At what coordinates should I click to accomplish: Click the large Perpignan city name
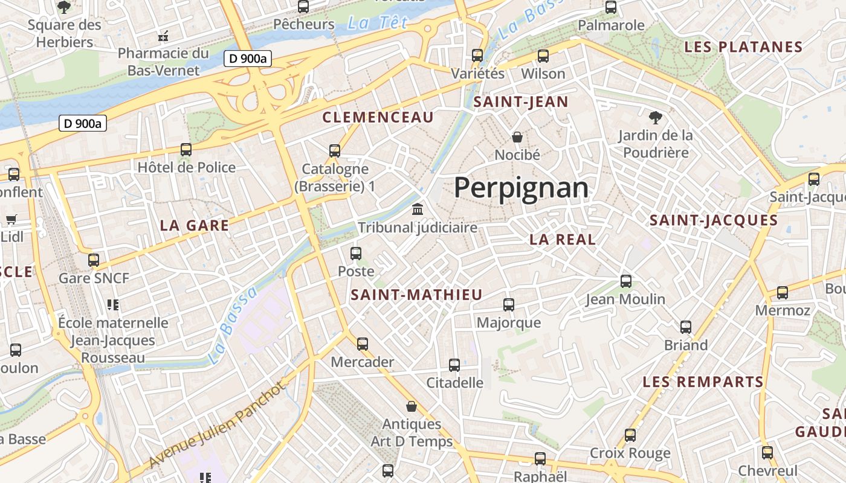(x=521, y=188)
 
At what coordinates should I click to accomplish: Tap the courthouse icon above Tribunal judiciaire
(x=417, y=210)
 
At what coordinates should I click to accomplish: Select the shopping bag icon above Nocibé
(x=517, y=137)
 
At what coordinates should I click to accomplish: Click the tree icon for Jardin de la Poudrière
(x=656, y=117)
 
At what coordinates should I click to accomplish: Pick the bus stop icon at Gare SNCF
(x=94, y=260)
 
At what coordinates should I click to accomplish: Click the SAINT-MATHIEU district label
(x=417, y=295)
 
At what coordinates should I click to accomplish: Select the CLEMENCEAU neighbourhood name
(x=378, y=117)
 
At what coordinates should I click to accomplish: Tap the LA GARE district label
(x=195, y=226)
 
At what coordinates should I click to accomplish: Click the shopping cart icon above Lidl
(x=11, y=219)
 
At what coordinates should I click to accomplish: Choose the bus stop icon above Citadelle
(x=454, y=365)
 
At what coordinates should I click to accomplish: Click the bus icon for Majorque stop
(x=509, y=305)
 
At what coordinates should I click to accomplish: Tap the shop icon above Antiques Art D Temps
(x=412, y=406)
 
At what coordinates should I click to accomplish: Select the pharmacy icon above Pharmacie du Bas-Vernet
(x=163, y=36)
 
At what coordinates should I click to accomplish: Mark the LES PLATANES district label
(x=743, y=47)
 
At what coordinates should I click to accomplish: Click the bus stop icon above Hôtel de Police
(x=186, y=150)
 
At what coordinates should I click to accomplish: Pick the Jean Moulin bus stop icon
(x=626, y=281)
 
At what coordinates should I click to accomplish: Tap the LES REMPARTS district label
(x=703, y=382)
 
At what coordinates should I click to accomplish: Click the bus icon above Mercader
(x=363, y=344)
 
